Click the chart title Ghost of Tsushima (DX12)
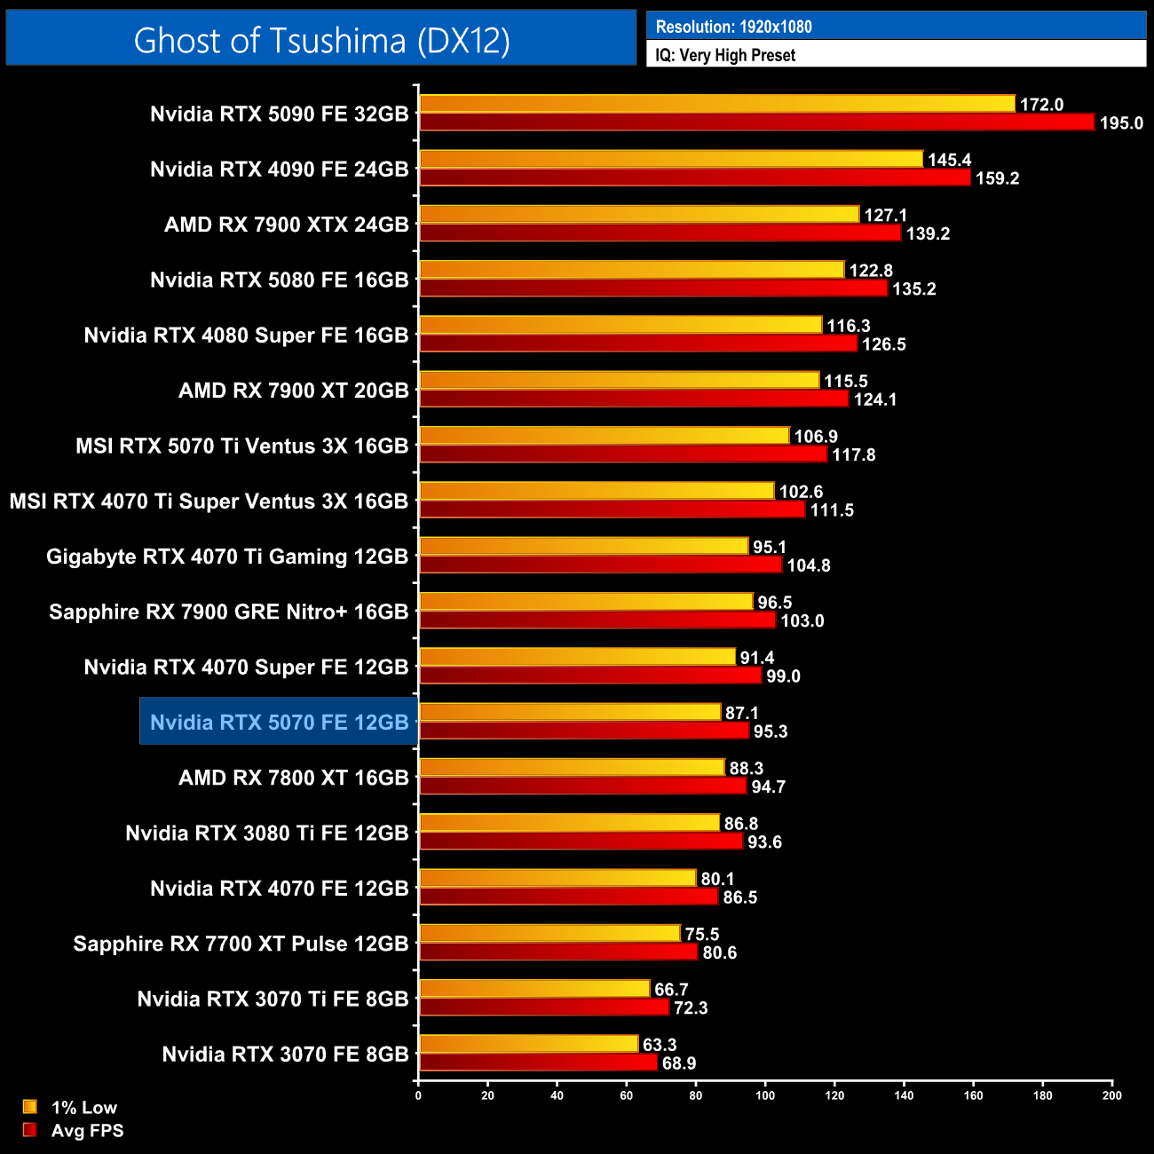[321, 40]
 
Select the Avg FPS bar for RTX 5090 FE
[756, 123]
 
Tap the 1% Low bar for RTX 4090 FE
[671, 159]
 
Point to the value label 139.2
[928, 233]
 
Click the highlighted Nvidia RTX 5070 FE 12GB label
[279, 722]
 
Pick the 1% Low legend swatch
[30, 1106]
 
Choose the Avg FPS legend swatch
[30, 1130]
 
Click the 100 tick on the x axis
[765, 1095]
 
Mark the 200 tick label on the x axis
[1111, 1095]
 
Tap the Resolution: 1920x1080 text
[733, 27]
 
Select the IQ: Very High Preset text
[725, 55]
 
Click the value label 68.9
[679, 1063]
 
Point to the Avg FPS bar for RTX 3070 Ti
[544, 1008]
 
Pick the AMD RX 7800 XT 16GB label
[293, 778]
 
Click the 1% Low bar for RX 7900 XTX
[639, 214]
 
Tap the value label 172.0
[1041, 105]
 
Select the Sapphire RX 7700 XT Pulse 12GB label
[241, 944]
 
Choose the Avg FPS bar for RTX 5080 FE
[653, 288]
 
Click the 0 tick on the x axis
[418, 1095]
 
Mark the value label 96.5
[774, 603]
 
